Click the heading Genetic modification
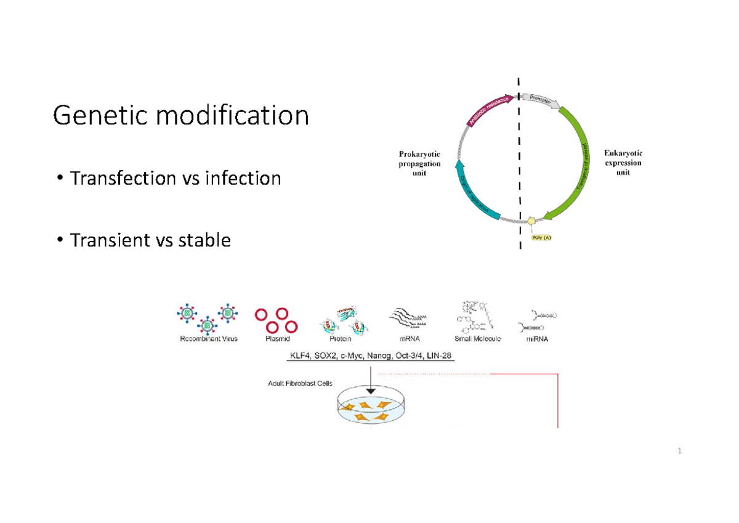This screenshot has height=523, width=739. (x=180, y=115)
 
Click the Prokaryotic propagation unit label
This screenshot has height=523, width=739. (x=419, y=163)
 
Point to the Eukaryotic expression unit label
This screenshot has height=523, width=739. (x=623, y=163)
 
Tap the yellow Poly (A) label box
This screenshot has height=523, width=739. (x=543, y=238)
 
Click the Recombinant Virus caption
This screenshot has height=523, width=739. (x=209, y=339)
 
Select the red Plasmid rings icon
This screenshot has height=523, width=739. (x=277, y=320)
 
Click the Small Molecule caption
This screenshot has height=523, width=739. (x=477, y=339)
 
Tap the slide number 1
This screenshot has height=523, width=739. (x=680, y=452)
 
